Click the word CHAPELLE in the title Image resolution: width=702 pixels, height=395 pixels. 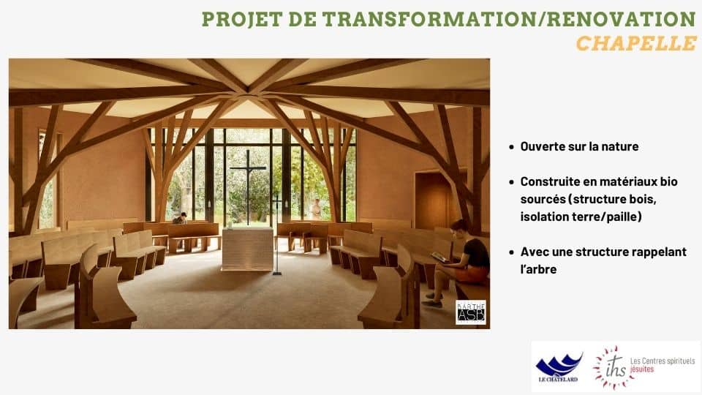click(635, 43)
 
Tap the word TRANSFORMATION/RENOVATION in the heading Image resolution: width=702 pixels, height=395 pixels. click(509, 19)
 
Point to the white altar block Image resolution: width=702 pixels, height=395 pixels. click(248, 249)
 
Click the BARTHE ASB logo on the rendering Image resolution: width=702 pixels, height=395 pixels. click(470, 312)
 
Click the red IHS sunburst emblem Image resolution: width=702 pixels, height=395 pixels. click(613, 366)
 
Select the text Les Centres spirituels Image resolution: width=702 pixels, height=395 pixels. click(663, 361)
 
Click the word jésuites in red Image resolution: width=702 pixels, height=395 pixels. click(642, 369)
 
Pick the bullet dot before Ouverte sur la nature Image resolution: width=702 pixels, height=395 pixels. click(511, 147)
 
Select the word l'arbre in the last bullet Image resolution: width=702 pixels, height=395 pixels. click(539, 269)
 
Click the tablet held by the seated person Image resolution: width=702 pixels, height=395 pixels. click(439, 257)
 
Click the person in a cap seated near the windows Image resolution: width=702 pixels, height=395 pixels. click(180, 218)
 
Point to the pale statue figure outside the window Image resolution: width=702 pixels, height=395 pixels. click(316, 209)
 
